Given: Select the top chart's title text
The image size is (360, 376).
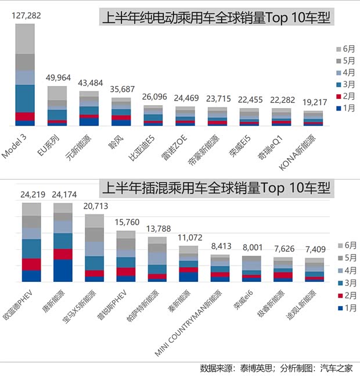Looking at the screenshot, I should [x=216, y=19].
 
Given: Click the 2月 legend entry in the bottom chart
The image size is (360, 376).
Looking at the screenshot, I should [x=346, y=295].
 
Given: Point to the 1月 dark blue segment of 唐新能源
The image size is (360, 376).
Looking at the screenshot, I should [x=63, y=270].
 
